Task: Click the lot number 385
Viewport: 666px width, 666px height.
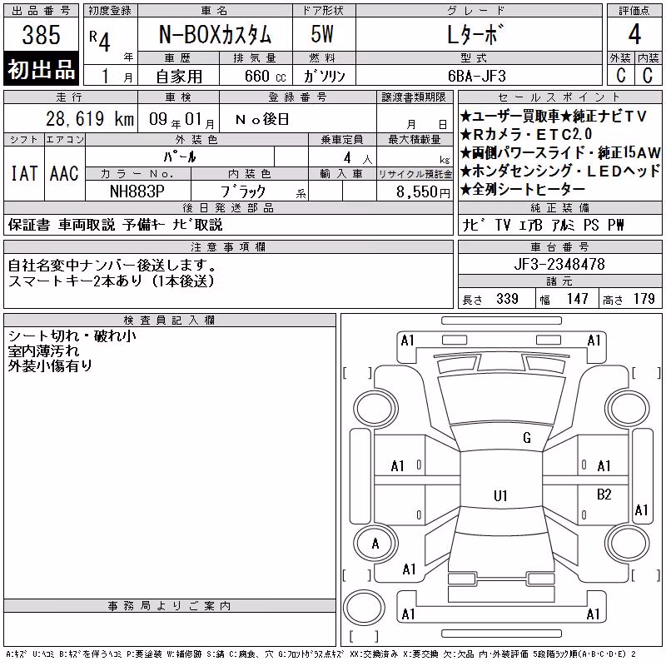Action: point(41,35)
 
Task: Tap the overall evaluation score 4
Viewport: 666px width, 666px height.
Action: point(634,34)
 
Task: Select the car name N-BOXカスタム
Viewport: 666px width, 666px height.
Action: point(215,34)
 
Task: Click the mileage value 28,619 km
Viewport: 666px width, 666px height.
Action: point(90,118)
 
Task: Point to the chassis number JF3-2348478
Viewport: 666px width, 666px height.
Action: point(559,264)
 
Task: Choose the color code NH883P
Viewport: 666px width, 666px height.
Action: point(137,191)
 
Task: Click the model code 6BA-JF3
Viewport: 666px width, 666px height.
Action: point(477,76)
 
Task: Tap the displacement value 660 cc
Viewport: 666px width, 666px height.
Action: point(265,76)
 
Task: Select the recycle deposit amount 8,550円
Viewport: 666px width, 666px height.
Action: point(423,192)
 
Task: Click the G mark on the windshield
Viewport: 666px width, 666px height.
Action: point(527,438)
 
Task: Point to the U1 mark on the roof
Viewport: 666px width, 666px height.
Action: point(500,495)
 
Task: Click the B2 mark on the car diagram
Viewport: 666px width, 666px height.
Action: point(604,495)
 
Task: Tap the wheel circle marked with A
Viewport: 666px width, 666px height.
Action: point(375,544)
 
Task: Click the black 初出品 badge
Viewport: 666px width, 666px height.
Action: point(41,68)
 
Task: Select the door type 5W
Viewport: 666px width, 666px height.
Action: point(322,34)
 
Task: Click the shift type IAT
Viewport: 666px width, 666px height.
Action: point(24,174)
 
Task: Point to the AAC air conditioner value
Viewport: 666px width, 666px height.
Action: point(64,174)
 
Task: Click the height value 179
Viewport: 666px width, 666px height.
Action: point(644,299)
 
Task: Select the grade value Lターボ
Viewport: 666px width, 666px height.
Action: point(475,34)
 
